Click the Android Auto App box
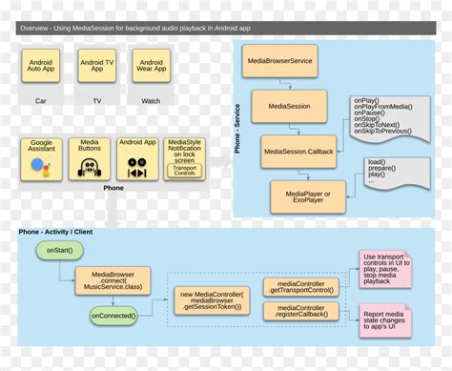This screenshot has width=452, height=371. coord(42,67)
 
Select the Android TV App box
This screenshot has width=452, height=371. coord(97,67)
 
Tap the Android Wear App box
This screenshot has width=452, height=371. coord(151,67)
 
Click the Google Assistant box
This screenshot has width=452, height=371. coord(41,158)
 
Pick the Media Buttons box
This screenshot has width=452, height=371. coord(91,158)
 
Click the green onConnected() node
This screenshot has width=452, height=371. coord(114,315)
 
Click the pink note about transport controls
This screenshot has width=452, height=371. coord(384,268)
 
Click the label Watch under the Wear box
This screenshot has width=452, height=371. coord(151,99)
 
